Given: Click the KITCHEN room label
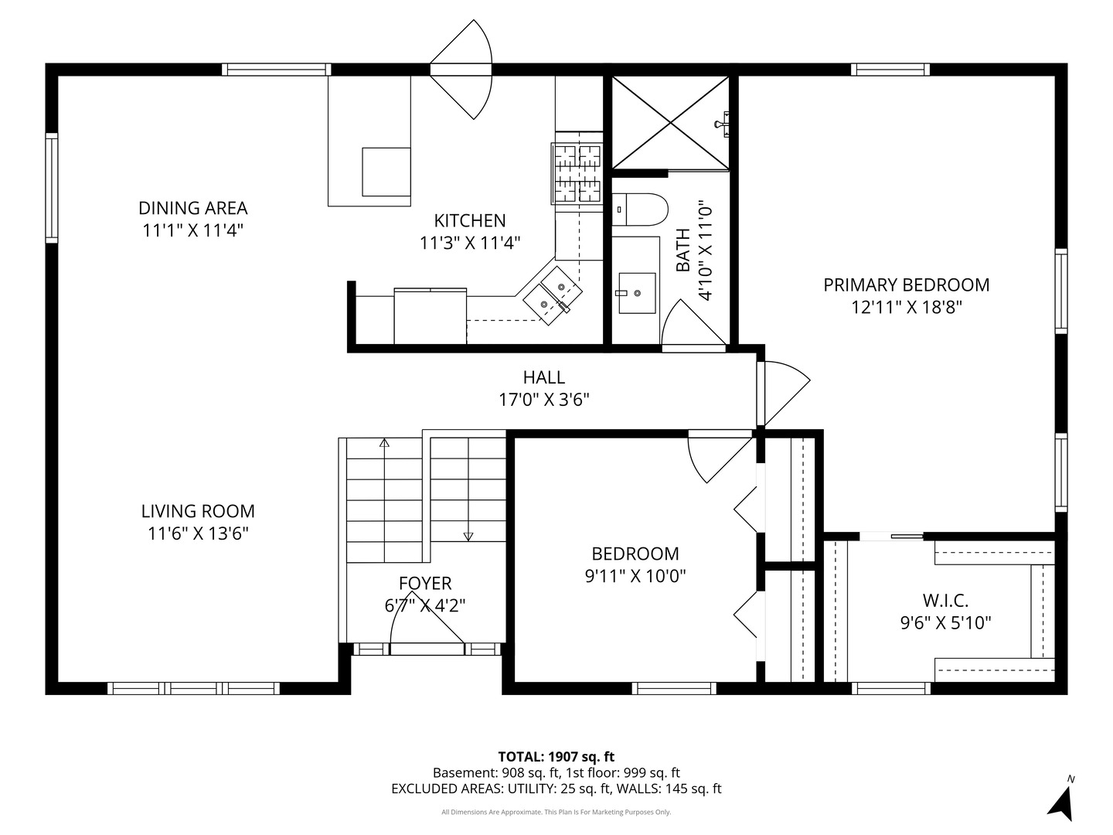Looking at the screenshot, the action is pos(469,220).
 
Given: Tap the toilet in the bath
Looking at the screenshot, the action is pos(639,210).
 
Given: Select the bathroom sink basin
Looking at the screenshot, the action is pos(637,293).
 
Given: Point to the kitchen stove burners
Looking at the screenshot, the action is pos(577,173).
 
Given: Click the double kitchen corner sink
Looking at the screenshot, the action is pos(553,295).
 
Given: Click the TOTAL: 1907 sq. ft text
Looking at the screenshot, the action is pos(556,757).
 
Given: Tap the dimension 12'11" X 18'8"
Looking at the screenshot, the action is pos(906,307).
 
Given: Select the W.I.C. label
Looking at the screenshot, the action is pos(945,601).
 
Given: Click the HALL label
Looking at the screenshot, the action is pos(544,377).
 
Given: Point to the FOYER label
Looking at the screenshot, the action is pos(425,584).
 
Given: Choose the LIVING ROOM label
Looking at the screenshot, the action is pos(198,511).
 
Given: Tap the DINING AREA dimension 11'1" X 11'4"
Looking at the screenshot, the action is pos(192,230).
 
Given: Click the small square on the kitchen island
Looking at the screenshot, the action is pos(386,172).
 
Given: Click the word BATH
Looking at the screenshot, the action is pos(683,250).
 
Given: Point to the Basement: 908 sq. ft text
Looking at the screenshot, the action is pos(496,772).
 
